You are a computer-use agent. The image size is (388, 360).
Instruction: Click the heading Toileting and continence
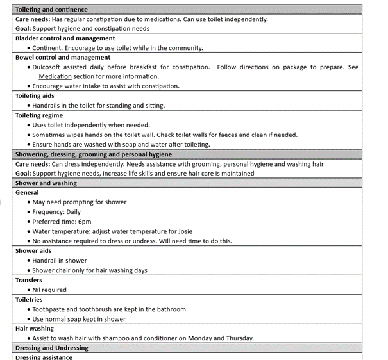51,10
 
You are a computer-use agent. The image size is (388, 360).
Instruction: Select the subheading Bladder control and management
65,38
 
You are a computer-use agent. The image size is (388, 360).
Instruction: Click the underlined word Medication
56,76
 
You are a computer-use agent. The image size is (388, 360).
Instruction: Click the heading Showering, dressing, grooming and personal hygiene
93,154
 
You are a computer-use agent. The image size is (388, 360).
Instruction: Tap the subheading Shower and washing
46,183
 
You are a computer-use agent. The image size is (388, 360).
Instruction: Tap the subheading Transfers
29,280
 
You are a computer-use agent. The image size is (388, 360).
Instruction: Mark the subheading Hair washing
35,329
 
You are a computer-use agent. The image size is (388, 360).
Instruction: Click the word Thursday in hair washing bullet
239,338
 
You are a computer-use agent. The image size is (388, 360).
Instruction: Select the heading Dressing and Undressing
52,348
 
